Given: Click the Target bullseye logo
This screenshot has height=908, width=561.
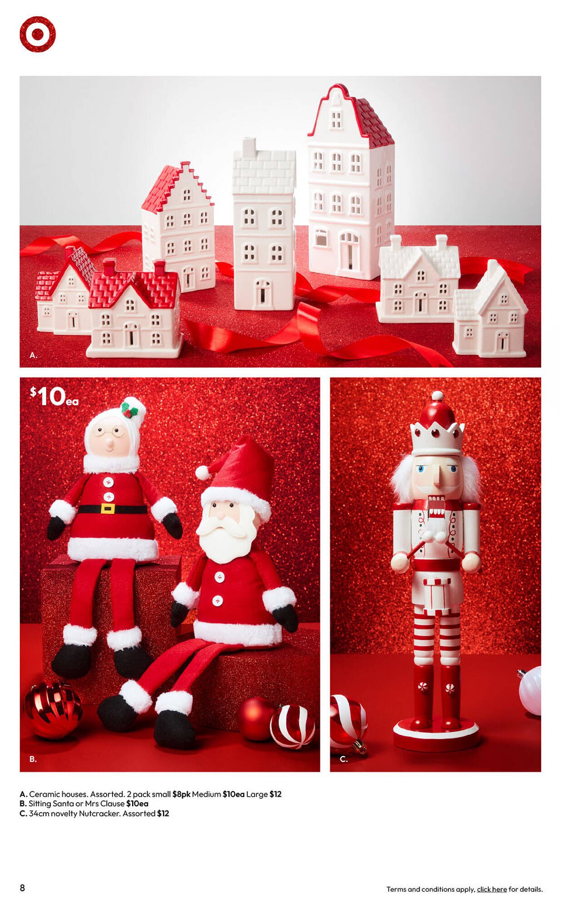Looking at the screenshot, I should [x=38, y=34].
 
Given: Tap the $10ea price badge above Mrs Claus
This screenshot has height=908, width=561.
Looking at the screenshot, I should [x=54, y=397].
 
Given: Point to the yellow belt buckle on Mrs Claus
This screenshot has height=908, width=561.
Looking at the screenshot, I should [x=108, y=508].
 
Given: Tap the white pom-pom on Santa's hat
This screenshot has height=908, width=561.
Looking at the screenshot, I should [x=202, y=473].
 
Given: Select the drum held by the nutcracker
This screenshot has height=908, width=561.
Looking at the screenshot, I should [x=437, y=592].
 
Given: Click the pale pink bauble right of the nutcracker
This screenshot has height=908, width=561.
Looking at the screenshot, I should [x=531, y=690].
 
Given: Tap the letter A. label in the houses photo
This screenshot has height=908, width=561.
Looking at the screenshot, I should [x=33, y=355].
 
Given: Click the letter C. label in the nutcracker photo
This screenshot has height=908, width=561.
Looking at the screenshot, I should [x=344, y=759].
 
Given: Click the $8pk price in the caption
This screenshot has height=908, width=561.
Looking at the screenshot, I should [x=181, y=794].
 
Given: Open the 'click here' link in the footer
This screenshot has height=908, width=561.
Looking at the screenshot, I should [x=492, y=889].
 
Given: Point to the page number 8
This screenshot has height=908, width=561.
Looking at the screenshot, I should [x=22, y=888].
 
